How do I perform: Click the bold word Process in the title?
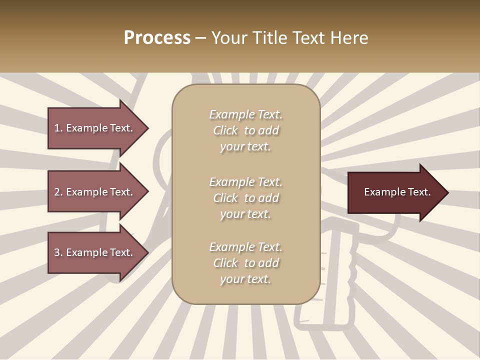tap(157, 38)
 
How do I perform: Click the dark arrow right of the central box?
tap(395, 192)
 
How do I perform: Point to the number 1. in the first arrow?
tap(58, 128)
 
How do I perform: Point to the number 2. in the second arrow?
tap(58, 192)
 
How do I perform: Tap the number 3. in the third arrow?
tap(58, 252)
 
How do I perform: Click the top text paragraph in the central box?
tap(245, 130)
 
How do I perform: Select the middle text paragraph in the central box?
tap(245, 198)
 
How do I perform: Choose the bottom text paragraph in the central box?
tap(245, 263)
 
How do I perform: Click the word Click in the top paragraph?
tap(225, 130)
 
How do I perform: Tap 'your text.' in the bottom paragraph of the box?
tap(245, 279)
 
